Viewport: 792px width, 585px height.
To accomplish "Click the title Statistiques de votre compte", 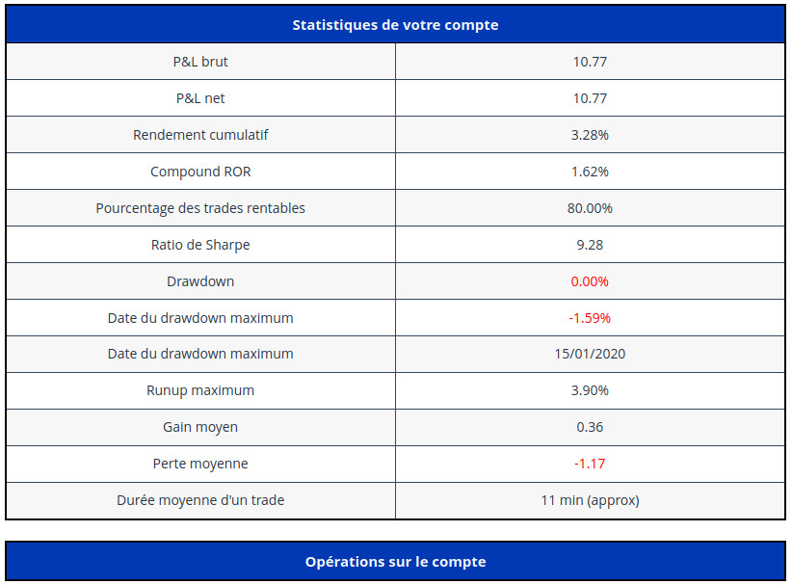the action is (395, 25).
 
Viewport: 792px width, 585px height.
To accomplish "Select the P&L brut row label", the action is (200, 62).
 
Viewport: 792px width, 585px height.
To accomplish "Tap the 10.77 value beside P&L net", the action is (590, 98).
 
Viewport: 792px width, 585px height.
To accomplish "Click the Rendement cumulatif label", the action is (200, 135).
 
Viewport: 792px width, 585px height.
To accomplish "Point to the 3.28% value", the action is (590, 135).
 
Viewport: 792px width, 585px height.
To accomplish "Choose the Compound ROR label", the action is (200, 172).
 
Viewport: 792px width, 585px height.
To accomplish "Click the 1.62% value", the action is (590, 172).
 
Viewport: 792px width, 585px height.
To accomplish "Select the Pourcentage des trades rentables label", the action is (200, 208).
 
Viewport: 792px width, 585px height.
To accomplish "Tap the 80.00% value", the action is (590, 208).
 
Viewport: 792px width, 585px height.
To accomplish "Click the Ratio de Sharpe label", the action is (200, 245).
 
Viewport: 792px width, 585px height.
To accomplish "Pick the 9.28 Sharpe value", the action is (590, 245).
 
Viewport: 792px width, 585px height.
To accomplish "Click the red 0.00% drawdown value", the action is (590, 281).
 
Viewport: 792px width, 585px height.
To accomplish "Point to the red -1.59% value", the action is (590, 318).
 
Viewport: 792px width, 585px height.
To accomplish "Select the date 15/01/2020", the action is (590, 354).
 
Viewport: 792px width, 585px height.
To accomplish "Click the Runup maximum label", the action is (200, 390).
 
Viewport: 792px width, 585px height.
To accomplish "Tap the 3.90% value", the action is (590, 390).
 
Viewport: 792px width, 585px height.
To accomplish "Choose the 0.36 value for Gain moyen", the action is (590, 427).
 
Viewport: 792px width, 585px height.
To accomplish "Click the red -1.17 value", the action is (590, 464).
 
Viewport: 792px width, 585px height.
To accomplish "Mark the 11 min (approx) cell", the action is (590, 500).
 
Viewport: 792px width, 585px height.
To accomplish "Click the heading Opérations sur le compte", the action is (395, 562).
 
